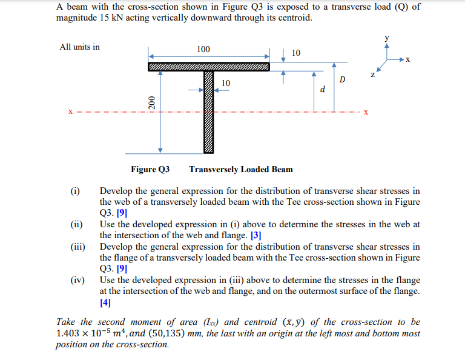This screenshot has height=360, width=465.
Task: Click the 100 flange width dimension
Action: click(x=203, y=48)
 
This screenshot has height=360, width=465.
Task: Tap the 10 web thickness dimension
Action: click(x=226, y=82)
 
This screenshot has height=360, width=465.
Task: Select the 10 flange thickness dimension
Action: click(x=296, y=53)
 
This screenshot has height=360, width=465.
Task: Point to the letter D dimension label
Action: click(x=343, y=80)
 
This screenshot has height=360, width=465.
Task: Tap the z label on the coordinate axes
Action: click(x=373, y=75)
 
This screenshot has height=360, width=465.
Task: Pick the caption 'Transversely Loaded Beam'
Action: click(x=241, y=169)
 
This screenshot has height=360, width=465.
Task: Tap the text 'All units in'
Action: click(x=80, y=47)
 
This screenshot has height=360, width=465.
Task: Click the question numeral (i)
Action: click(x=75, y=192)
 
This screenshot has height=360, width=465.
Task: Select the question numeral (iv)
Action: click(x=76, y=281)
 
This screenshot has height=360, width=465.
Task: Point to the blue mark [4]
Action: click(x=107, y=302)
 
